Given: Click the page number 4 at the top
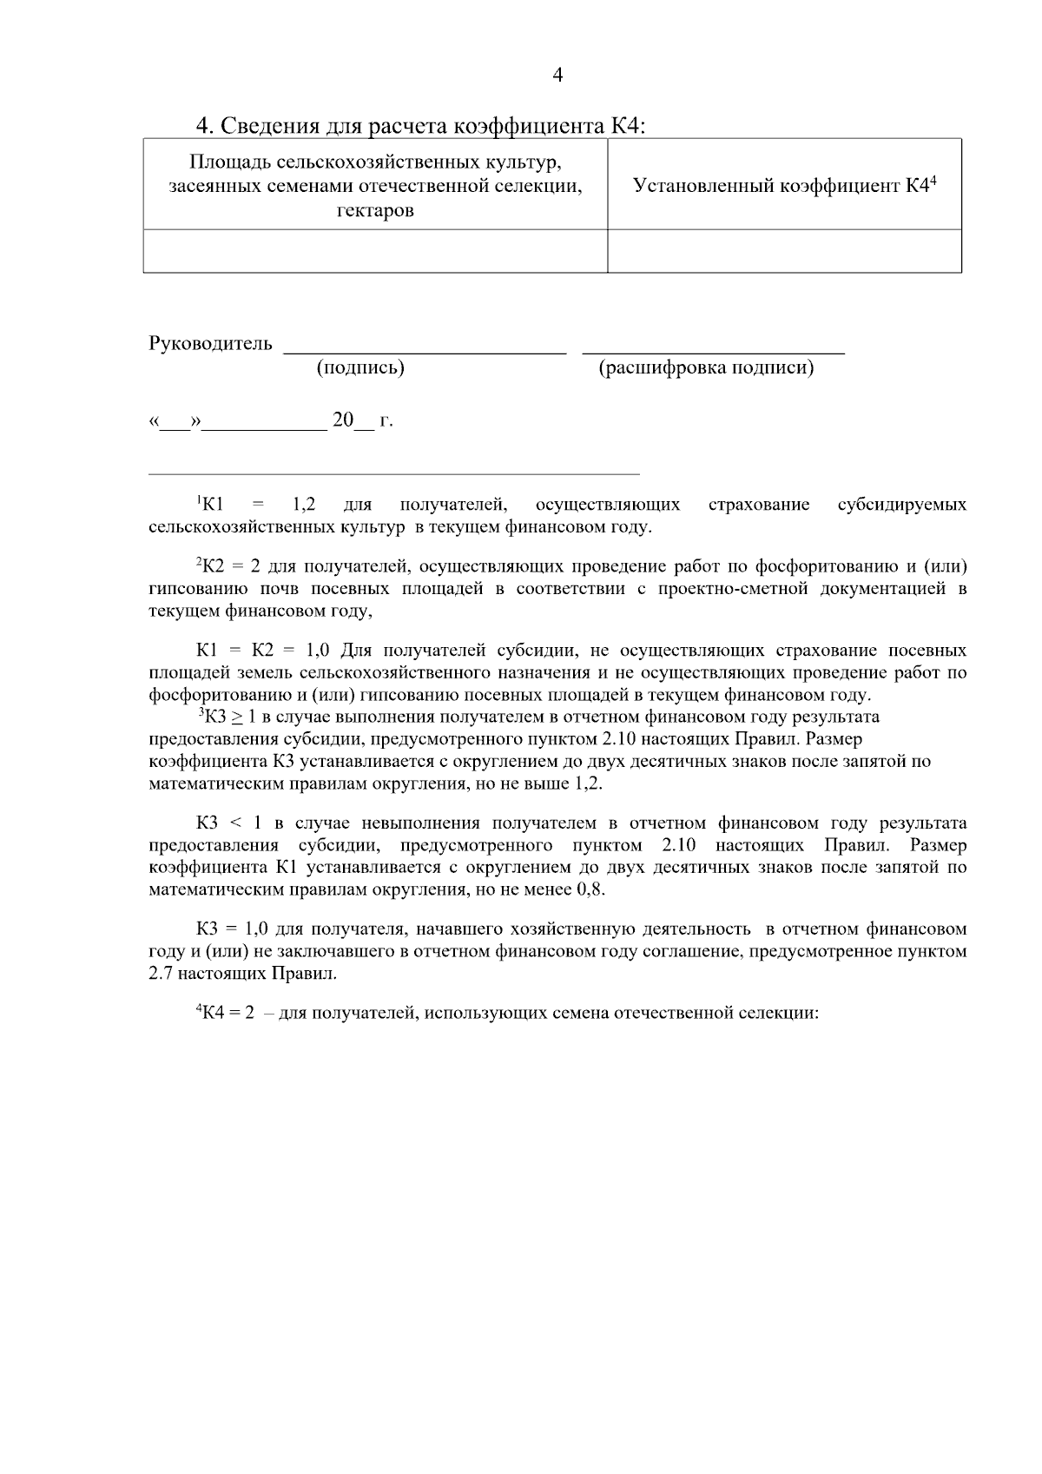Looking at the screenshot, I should click(557, 76).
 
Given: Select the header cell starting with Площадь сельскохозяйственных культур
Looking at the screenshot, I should click(375, 185).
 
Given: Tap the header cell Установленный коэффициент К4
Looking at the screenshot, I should click(784, 185).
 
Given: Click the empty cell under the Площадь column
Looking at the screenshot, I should click(375, 251).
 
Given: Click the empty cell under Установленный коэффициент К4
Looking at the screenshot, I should click(784, 251).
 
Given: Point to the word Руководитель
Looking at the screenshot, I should click(211, 344).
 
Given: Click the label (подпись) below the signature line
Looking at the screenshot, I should click(360, 367).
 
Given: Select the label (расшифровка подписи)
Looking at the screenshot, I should click(706, 367).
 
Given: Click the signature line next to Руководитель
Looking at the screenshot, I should click(425, 349).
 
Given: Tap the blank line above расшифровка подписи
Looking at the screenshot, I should click(713, 349).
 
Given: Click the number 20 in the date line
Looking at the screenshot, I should click(343, 420).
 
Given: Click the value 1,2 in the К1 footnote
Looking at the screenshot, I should click(304, 505).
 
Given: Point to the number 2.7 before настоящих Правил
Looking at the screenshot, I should click(162, 974).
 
